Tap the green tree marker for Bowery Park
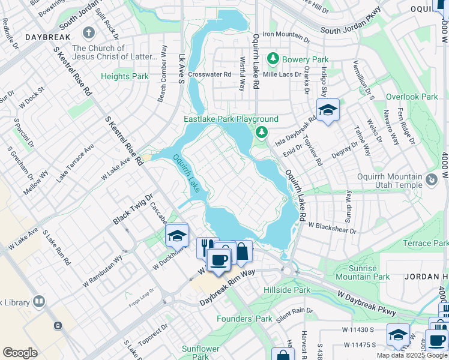pyautogui.click(x=273, y=59)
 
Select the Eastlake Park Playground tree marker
pyautogui.click(x=261, y=131)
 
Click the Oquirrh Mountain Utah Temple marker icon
pyautogui.click(x=431, y=179)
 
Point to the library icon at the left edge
pyautogui.click(x=39, y=301)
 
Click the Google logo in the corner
pyautogui.click(x=20, y=353)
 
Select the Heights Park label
pyautogui.click(x=124, y=76)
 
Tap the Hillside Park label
pyautogui.click(x=287, y=290)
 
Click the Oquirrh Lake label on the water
pyautogui.click(x=188, y=174)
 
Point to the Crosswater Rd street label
pyautogui.click(x=209, y=74)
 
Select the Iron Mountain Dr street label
pyautogui.click(x=285, y=34)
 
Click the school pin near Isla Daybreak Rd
pyautogui.click(x=328, y=110)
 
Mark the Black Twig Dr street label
pyautogui.click(x=133, y=208)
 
